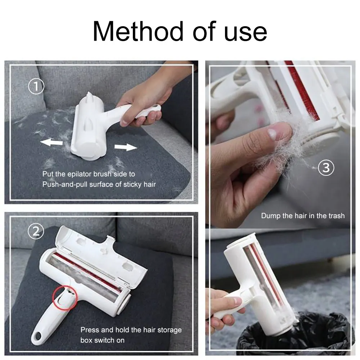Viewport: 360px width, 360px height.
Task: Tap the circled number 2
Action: coord(36,231)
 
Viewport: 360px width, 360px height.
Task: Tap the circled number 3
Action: coord(326,168)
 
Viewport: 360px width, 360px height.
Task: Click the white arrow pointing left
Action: coord(51,143)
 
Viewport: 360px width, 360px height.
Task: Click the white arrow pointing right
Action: coord(126,147)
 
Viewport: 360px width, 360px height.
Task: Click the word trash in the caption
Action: coord(336,216)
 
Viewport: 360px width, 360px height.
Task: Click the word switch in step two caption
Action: coord(105,340)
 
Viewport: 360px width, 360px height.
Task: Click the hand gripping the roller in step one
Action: coord(144,101)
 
